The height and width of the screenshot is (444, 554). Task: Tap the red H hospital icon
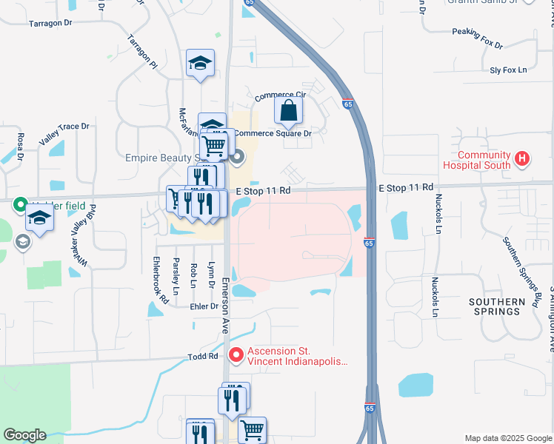point(523,158)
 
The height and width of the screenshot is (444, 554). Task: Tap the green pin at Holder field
point(19,205)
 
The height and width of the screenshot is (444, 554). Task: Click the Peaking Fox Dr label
point(478,38)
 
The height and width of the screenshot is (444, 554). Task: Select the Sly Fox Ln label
point(508,70)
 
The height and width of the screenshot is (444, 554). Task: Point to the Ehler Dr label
point(204,306)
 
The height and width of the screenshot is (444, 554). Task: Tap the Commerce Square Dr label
point(273,134)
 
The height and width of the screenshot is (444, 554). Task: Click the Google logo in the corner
point(24,435)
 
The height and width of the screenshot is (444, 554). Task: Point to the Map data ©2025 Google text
point(507,438)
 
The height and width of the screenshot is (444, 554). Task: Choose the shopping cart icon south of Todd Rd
point(252,429)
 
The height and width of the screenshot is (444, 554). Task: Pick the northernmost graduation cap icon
point(200,64)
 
